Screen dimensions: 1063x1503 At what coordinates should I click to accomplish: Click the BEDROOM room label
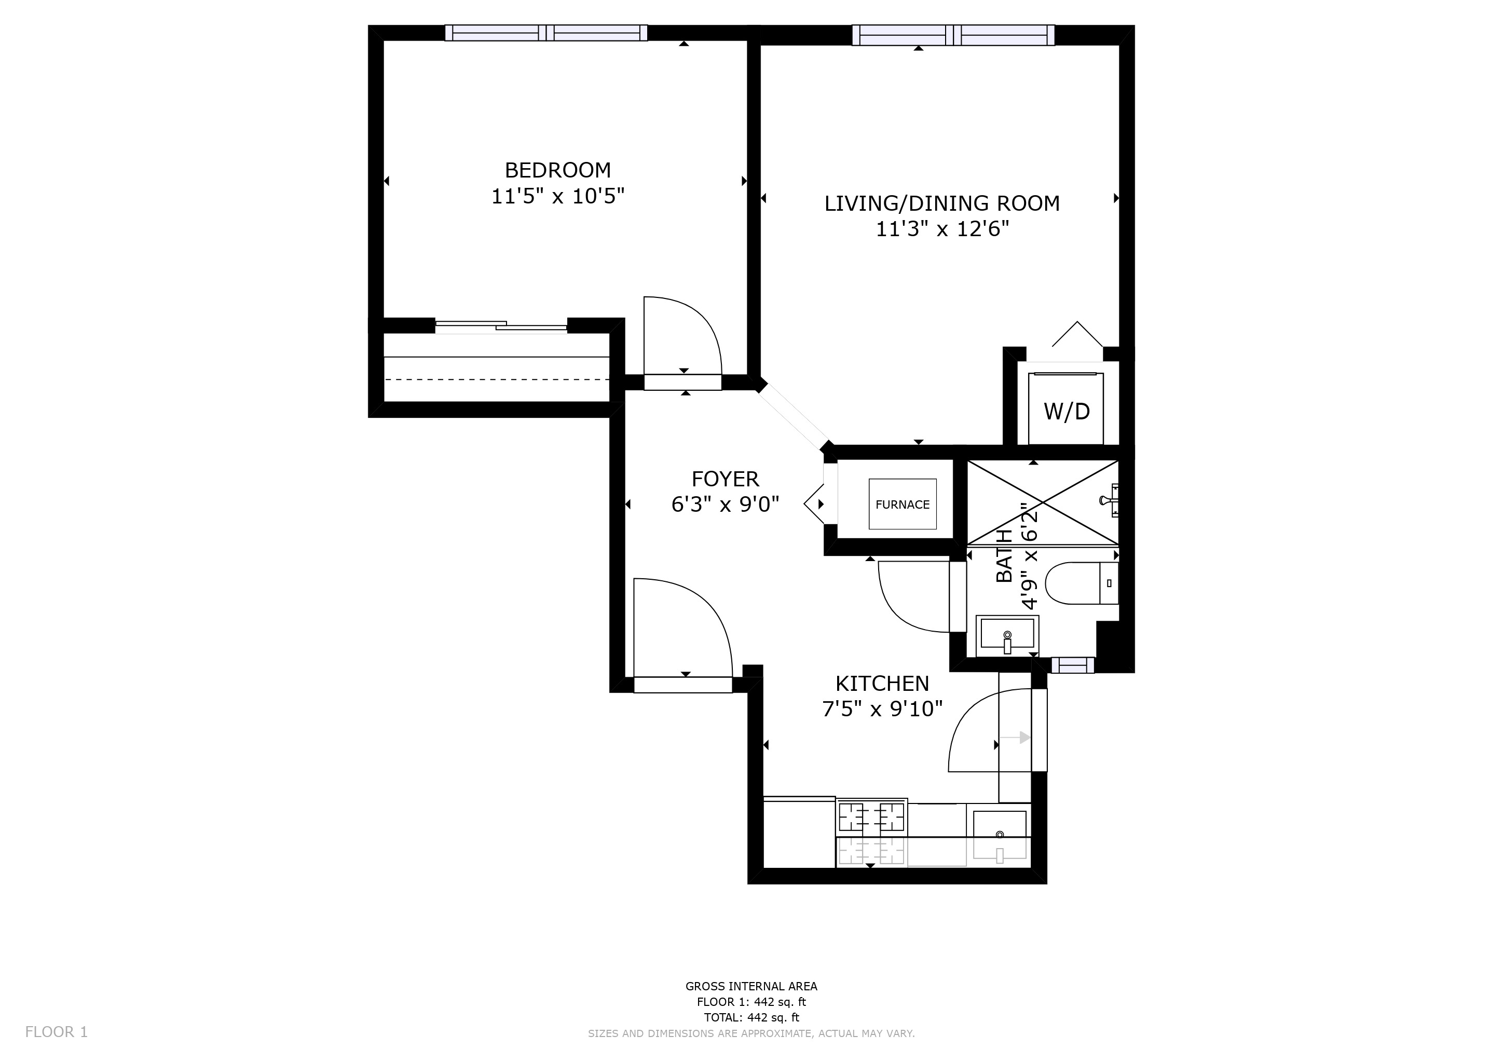pyautogui.click(x=558, y=170)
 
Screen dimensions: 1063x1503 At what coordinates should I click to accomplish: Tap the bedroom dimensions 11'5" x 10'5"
pyautogui.click(x=558, y=196)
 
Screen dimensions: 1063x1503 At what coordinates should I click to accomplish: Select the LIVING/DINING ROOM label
pyautogui.click(x=941, y=203)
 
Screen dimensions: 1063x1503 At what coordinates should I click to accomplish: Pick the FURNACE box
pyautogui.click(x=902, y=505)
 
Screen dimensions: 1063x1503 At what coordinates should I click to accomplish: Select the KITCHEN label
pyautogui.click(x=882, y=684)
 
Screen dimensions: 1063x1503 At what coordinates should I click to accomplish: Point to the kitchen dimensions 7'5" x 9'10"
pyautogui.click(x=882, y=709)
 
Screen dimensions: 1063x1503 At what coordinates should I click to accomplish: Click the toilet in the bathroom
pyautogui.click(x=1080, y=582)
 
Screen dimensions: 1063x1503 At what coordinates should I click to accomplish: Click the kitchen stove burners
pyautogui.click(x=871, y=817)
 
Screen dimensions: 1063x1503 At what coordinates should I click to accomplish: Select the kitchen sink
pyautogui.click(x=999, y=834)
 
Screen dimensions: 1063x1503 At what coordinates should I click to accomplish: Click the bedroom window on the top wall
pyautogui.click(x=546, y=33)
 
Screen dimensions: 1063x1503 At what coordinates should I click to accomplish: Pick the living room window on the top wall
pyautogui.click(x=952, y=35)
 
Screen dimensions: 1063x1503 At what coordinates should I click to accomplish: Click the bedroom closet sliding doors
pyautogui.click(x=501, y=325)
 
